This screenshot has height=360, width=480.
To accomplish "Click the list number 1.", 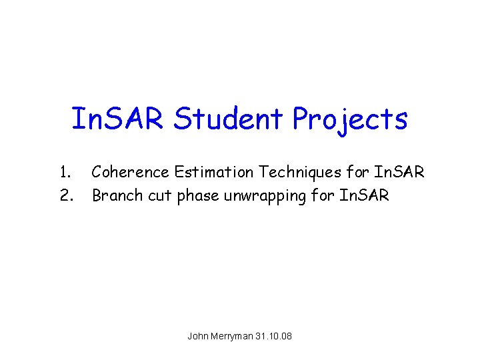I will (65, 173).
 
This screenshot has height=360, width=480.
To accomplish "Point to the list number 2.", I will (65, 195).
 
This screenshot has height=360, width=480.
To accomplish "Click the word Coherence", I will (131, 173).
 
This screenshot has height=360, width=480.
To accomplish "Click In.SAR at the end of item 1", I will (399, 173).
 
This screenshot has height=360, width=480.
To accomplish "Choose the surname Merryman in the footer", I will (234, 336).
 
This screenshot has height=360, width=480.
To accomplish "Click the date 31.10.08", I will (275, 336).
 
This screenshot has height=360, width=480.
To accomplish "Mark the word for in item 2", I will (327, 195).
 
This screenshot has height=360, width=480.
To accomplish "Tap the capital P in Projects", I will (301, 119).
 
